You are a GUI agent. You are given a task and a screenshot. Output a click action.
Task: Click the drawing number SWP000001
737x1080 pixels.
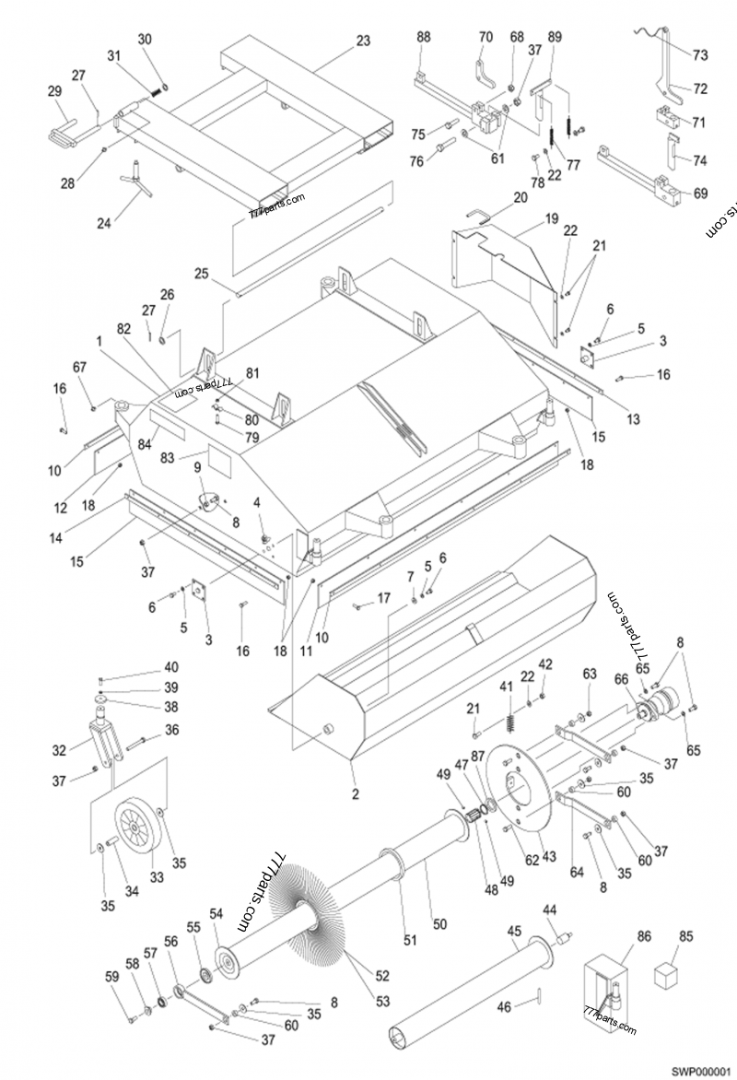click(x=699, y=1070)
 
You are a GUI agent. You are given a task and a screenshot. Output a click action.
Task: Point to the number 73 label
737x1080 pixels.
click(x=700, y=55)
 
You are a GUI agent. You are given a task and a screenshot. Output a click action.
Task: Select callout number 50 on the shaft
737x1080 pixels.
click(x=439, y=924)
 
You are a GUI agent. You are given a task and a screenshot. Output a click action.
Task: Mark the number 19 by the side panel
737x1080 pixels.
click(x=551, y=218)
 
